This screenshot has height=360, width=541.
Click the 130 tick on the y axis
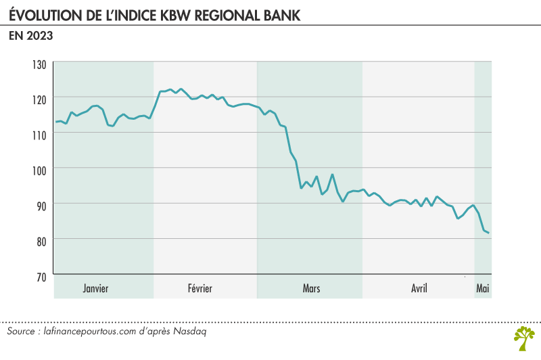38,64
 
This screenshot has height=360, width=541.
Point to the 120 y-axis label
38,99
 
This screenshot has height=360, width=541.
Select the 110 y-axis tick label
38,134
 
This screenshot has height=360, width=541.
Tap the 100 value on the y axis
38,169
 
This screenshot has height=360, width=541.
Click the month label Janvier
95,289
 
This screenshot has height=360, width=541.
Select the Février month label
200,289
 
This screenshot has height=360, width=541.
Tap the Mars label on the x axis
311,289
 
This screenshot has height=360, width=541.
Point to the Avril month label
419,289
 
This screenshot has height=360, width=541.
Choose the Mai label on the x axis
483,289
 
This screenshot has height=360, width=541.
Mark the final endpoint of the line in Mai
489,233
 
